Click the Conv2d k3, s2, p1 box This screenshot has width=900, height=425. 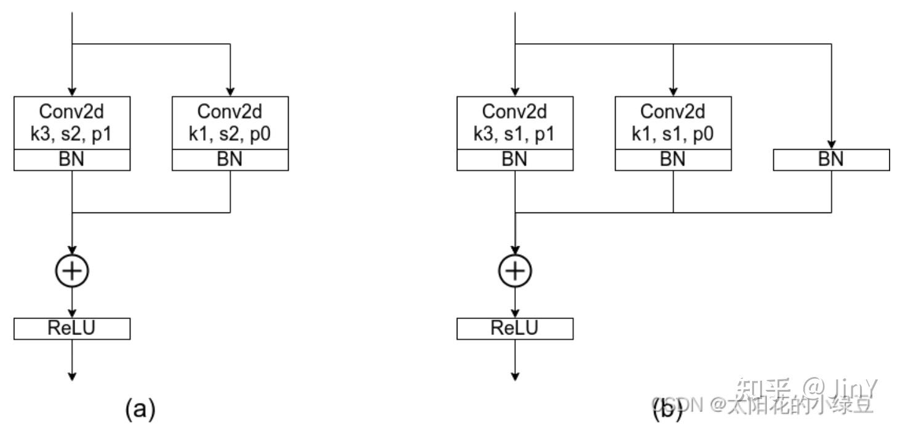click(x=72, y=123)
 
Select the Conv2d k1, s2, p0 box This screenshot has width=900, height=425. click(x=230, y=123)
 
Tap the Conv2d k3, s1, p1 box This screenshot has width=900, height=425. click(x=515, y=123)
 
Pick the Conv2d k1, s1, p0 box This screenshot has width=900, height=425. click(x=673, y=123)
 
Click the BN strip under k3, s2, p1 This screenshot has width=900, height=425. click(x=72, y=160)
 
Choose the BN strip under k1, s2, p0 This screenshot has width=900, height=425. click(x=230, y=160)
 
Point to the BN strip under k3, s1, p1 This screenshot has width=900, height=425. click(x=515, y=160)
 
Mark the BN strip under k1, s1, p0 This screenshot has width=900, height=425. click(x=673, y=160)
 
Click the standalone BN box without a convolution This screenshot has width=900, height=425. click(x=831, y=160)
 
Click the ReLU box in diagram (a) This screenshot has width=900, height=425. click(x=72, y=328)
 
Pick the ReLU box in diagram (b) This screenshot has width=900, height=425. click(x=515, y=328)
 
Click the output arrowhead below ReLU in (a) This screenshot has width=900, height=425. click(x=73, y=375)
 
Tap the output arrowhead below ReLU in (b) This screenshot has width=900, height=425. click(x=515, y=375)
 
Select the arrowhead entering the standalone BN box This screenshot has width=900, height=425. click(x=831, y=144)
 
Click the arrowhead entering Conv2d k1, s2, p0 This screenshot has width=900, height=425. click(x=230, y=92)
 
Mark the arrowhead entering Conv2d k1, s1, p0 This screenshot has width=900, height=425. click(x=673, y=92)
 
